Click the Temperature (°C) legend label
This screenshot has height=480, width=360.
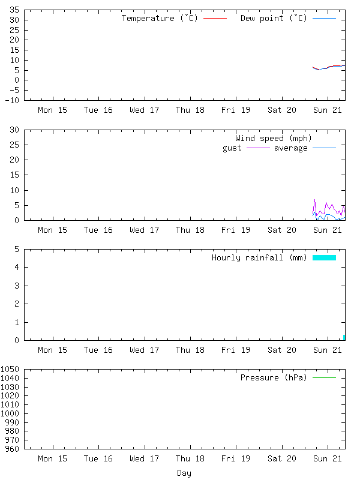point(160,19)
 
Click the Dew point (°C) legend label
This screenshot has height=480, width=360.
point(274,19)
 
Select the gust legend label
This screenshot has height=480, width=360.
point(232,148)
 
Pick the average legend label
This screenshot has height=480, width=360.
point(291,148)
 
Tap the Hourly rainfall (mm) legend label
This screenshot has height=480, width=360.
point(259,258)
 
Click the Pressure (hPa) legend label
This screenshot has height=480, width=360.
point(274,378)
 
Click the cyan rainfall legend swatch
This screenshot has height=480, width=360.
point(324,258)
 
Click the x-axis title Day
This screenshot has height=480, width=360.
point(184,473)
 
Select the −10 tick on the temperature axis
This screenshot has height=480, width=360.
point(12,100)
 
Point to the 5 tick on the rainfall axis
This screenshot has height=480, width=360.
point(17,249)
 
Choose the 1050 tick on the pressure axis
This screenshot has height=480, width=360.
point(10,370)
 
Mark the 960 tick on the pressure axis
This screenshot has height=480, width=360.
point(12,449)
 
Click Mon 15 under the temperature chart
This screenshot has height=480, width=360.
point(53,110)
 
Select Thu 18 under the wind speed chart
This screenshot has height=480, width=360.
point(190,230)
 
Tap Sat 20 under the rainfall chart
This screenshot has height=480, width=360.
point(282,350)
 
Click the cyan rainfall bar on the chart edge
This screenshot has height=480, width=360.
point(344,337)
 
